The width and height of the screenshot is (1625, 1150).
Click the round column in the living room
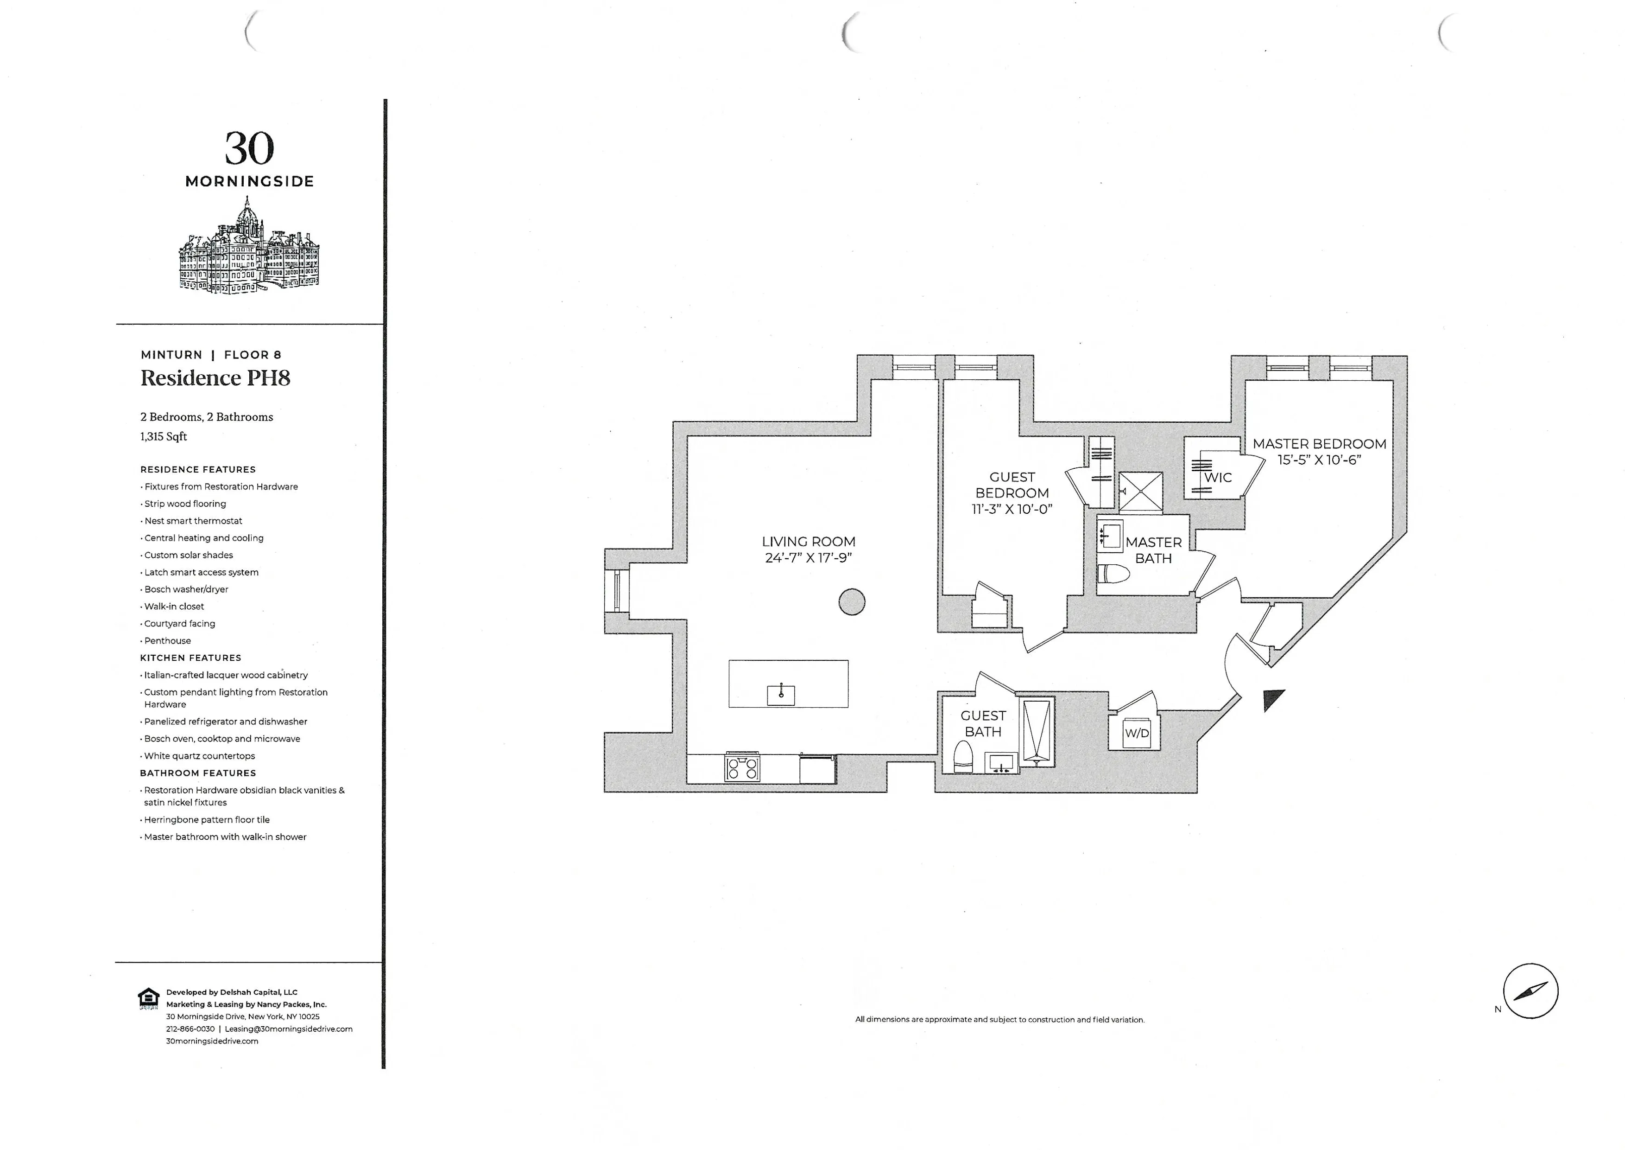[x=852, y=602]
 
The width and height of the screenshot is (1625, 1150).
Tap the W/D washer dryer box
[x=1137, y=734]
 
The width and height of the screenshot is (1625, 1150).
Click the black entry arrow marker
[x=1272, y=700]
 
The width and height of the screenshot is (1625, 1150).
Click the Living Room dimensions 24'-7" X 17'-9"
[x=808, y=558]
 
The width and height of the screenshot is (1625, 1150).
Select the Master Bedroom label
[x=1319, y=444]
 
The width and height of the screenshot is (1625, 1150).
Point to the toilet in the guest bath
[x=963, y=757]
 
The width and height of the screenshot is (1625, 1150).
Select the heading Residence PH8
[x=215, y=378]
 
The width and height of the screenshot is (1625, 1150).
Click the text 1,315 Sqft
[x=164, y=437]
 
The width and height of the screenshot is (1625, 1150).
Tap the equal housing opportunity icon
[x=148, y=998]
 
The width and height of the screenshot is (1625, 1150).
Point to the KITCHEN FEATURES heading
[x=190, y=658]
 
